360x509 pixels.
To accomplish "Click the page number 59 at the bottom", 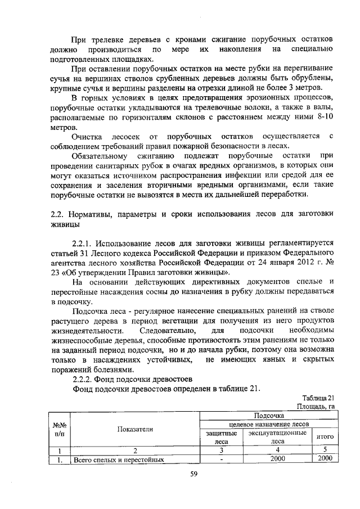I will [x=192, y=474].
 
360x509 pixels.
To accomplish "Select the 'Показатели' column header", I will [x=135, y=429].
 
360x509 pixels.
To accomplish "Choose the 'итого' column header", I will [x=325, y=436].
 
